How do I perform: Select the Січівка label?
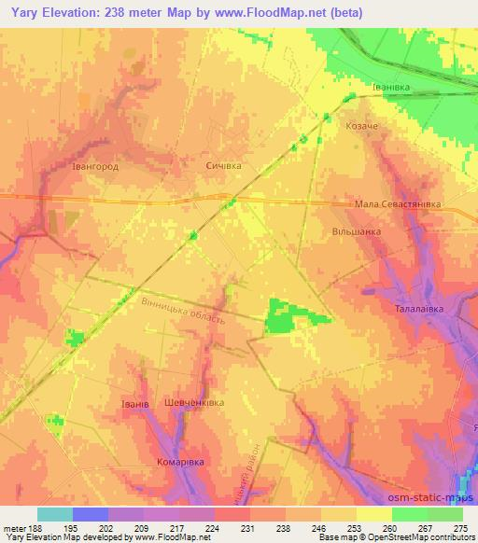pyautogui.click(x=223, y=165)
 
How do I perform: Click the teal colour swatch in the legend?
pyautogui.click(x=55, y=514)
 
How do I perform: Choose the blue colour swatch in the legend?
pyautogui.click(x=91, y=514)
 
